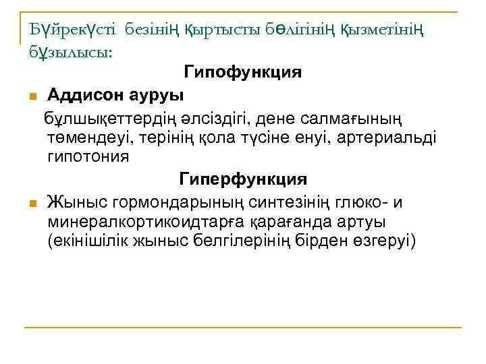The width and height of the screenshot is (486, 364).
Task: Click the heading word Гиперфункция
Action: point(242,180)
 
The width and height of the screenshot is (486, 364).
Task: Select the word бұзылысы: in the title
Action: point(70,53)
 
